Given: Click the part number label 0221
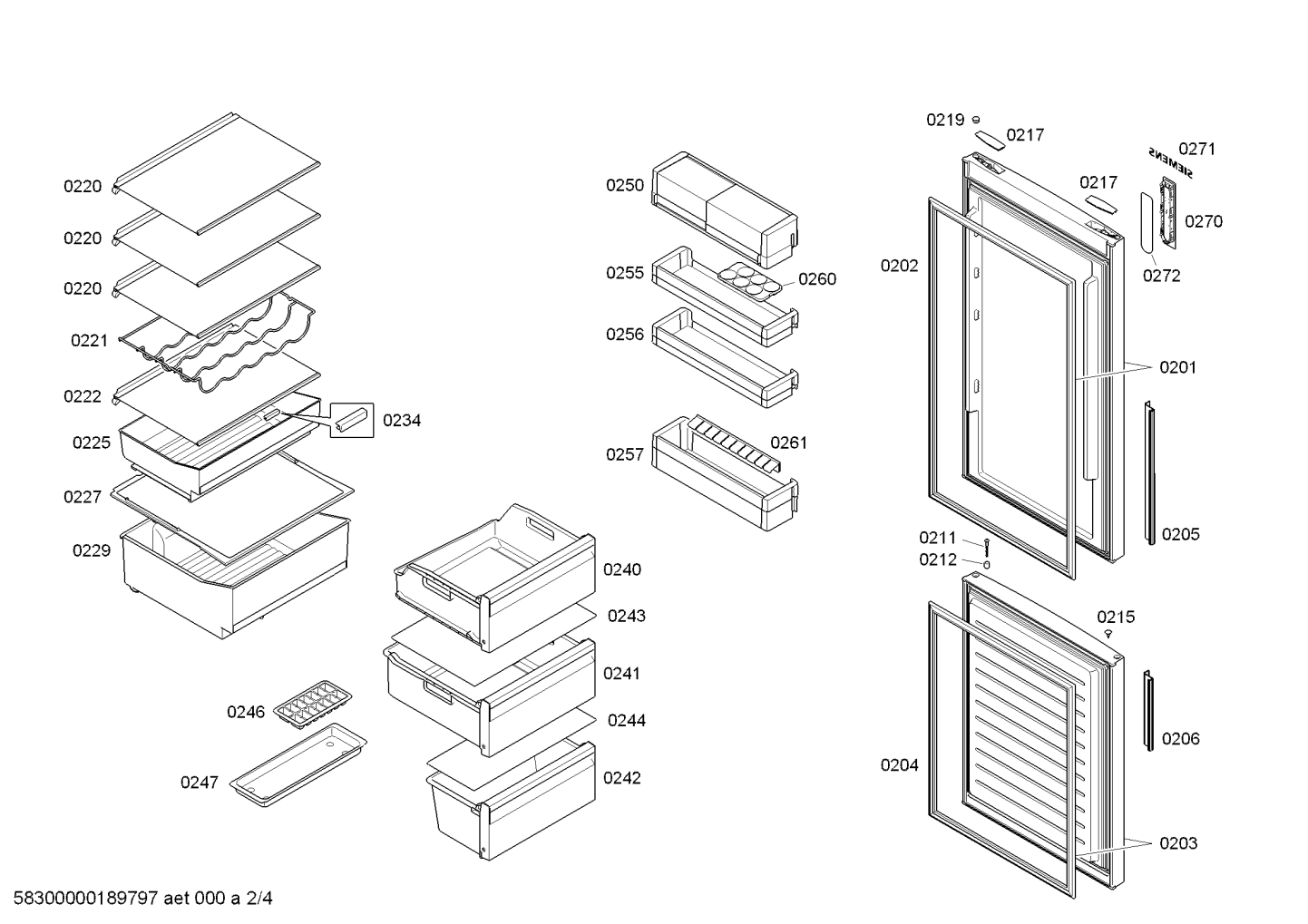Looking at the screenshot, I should pyautogui.click(x=89, y=341).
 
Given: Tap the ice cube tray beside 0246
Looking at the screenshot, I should pyautogui.click(x=312, y=704).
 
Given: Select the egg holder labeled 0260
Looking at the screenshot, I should pyautogui.click(x=749, y=280).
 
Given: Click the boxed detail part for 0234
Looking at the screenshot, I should pyautogui.click(x=352, y=421).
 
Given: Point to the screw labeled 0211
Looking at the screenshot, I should pyautogui.click(x=985, y=547).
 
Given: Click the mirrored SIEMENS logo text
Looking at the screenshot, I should pyautogui.click(x=1171, y=162).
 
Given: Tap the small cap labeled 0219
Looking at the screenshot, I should pyautogui.click(x=976, y=119).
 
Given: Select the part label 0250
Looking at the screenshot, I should pyautogui.click(x=625, y=186).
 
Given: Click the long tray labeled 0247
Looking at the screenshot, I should pyautogui.click(x=298, y=766).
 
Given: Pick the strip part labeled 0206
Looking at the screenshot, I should pyautogui.click(x=1148, y=711).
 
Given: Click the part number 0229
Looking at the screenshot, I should pyautogui.click(x=92, y=550).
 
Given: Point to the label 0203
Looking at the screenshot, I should pyautogui.click(x=1178, y=843).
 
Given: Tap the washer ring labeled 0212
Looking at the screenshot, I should pyautogui.click(x=986, y=565).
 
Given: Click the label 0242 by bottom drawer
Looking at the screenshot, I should pyautogui.click(x=621, y=778).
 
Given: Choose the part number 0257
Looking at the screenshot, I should pyautogui.click(x=625, y=454).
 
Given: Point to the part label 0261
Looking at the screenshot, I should pyautogui.click(x=788, y=443).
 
